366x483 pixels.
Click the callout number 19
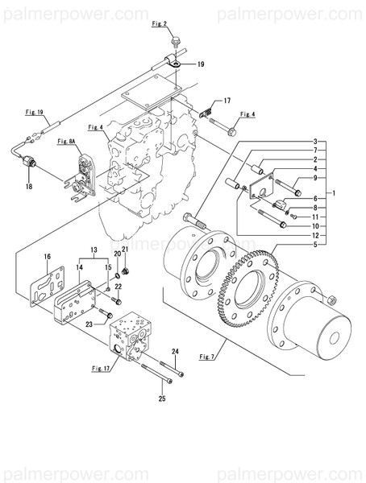(201, 63)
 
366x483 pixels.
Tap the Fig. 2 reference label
(159, 25)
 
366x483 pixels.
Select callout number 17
(227, 101)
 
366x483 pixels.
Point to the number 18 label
(29, 186)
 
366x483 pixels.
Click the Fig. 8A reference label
(67, 142)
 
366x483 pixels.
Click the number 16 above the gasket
(47, 257)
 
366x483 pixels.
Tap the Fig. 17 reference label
(100, 369)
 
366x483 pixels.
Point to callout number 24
(175, 352)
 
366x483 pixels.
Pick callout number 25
(162, 400)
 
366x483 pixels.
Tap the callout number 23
(90, 324)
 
